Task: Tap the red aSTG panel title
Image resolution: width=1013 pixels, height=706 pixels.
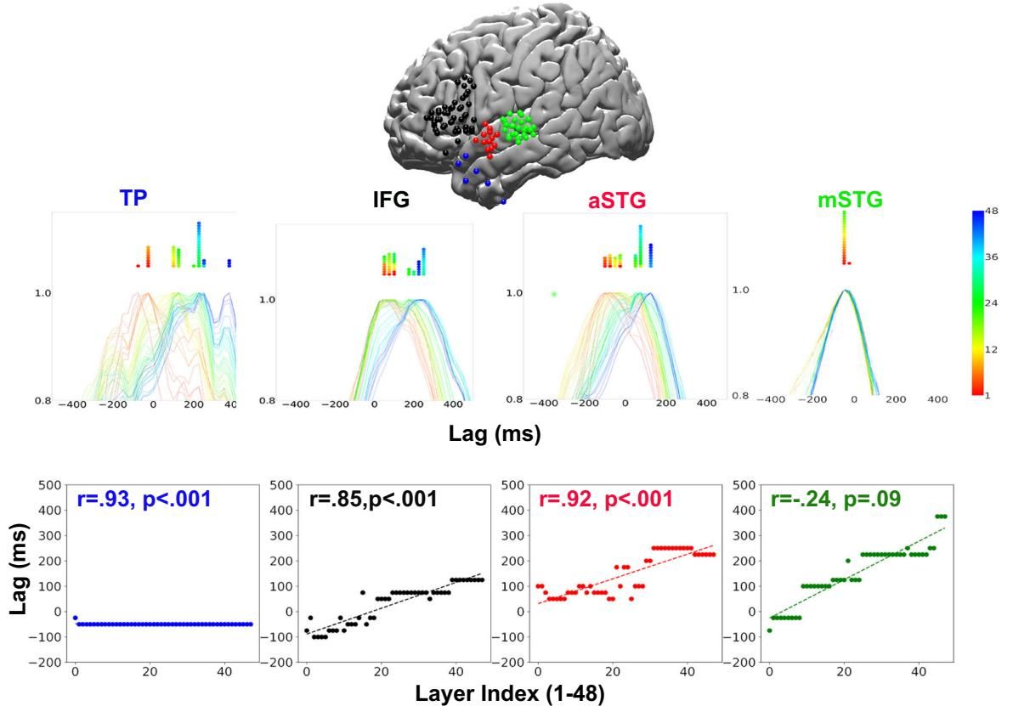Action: click(x=615, y=201)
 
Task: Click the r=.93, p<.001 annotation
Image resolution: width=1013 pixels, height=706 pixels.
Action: click(x=144, y=500)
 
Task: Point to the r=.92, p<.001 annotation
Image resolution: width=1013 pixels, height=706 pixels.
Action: click(x=605, y=500)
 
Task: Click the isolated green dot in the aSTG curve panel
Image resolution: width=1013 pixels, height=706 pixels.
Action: click(x=553, y=294)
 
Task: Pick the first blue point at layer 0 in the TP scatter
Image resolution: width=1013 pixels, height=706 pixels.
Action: click(x=75, y=618)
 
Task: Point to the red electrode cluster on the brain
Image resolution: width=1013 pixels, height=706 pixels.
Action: click(x=488, y=141)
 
